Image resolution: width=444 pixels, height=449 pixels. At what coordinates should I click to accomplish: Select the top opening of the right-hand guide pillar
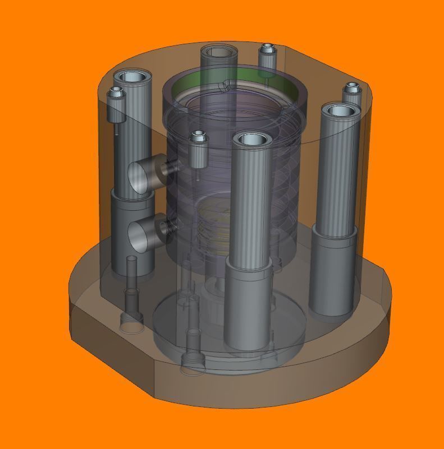click(341, 110)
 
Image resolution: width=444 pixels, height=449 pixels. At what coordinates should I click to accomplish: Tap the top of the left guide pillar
click(132, 77)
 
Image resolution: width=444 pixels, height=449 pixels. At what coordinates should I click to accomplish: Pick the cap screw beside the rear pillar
click(267, 54)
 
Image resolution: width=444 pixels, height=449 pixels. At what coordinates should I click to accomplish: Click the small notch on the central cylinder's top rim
click(226, 85)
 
